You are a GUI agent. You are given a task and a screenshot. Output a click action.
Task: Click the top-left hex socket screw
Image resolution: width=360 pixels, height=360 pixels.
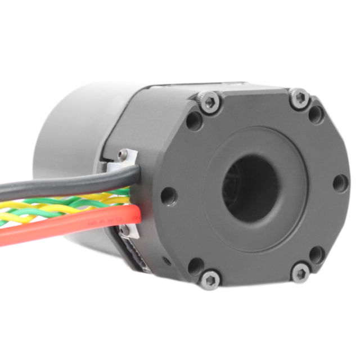[x=209, y=102]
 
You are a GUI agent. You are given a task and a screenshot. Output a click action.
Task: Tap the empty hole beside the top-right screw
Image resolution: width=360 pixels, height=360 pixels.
[x=317, y=115]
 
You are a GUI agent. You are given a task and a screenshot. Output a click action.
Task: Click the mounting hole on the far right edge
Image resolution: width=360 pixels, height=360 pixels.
[x=340, y=183]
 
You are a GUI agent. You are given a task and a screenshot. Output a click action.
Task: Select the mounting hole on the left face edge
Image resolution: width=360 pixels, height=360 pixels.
[x=168, y=196]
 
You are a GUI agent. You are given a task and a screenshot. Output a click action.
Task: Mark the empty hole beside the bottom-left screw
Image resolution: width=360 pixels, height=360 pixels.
[x=195, y=264]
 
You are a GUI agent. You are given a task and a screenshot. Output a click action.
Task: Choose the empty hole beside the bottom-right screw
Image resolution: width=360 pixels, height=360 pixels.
[x=318, y=254]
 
